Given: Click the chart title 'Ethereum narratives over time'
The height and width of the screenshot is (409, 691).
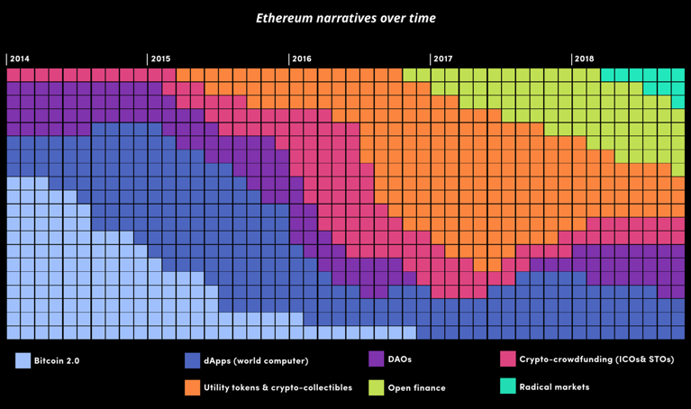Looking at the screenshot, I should [346, 18].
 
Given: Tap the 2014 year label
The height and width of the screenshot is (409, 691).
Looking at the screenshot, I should [19, 59].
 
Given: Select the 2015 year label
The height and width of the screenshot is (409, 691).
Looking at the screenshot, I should [160, 59].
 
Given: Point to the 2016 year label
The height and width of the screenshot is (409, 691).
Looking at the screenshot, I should [302, 59].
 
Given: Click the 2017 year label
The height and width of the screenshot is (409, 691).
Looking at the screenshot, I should [443, 59].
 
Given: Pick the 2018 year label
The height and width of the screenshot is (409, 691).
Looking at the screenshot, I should [584, 59].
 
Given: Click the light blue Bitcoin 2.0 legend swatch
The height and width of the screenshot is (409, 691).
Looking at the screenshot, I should [23, 360].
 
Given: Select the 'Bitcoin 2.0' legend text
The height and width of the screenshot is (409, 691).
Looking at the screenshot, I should [57, 361].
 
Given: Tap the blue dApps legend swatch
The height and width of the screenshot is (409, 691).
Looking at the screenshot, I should [192, 360].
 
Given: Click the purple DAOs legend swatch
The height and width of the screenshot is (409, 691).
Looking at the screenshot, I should [377, 359].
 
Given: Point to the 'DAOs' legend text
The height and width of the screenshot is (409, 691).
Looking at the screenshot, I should [401, 359].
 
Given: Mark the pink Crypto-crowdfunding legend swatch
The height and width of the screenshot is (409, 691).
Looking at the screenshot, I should [508, 359].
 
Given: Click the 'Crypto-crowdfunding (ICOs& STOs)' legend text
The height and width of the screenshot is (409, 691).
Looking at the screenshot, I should [596, 359].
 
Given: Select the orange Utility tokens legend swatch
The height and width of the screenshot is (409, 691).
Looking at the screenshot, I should [192, 387].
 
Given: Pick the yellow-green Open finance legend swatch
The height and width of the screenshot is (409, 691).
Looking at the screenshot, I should [377, 387].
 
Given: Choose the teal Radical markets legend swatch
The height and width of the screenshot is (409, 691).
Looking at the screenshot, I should [508, 386].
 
